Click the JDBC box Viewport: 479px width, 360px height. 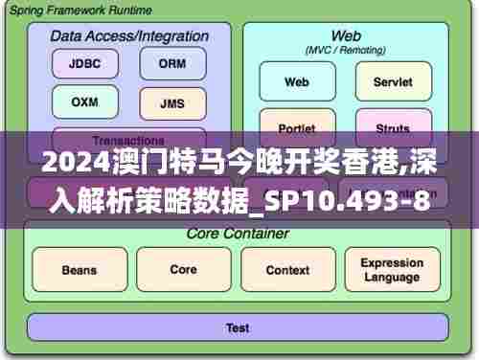click(85, 64)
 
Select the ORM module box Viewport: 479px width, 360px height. click(172, 64)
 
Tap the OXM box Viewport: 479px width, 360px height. click(85, 101)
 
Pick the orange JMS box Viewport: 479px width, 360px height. click(172, 103)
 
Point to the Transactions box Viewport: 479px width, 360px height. click(128, 136)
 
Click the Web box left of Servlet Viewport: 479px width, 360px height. click(297, 82)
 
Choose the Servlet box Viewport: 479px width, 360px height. click(392, 82)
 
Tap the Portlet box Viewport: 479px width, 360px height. click(297, 127)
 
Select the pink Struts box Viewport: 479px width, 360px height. click(392, 127)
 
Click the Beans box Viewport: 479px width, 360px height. click(79, 270)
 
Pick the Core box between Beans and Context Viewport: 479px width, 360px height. click(183, 270)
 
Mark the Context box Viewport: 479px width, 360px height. click(287, 270)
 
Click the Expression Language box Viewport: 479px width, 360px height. click(392, 270)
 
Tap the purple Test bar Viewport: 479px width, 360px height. click(238, 327)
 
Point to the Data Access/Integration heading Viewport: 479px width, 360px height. click(129, 35)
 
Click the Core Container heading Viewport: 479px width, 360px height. click(237, 233)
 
